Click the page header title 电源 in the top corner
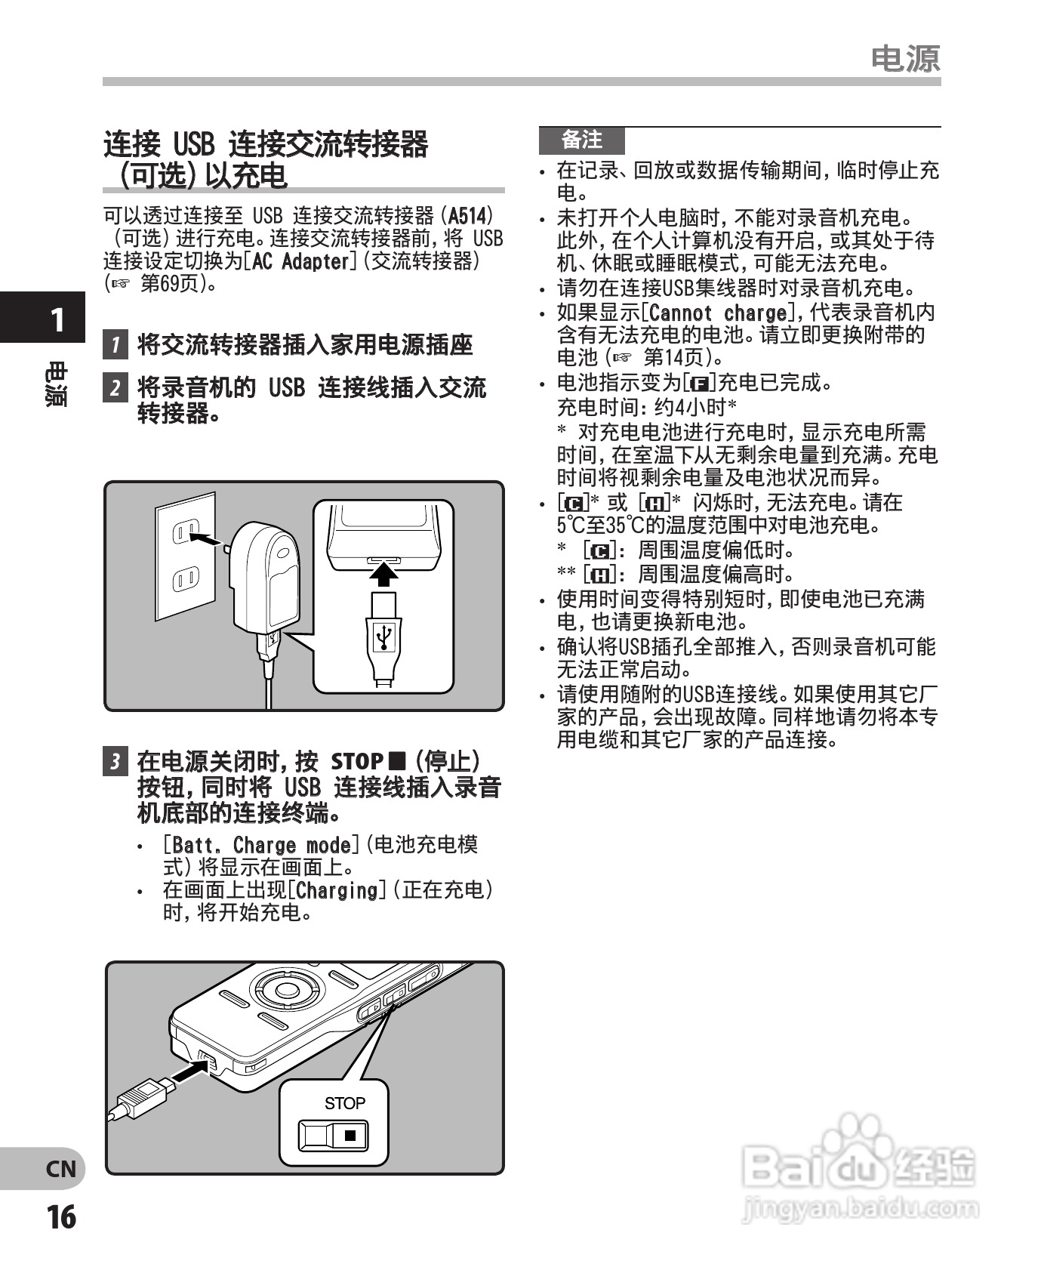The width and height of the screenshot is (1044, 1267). [905, 58]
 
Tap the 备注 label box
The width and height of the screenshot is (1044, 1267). [581, 140]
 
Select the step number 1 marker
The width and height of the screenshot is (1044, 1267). [115, 345]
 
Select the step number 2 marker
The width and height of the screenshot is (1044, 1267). [115, 388]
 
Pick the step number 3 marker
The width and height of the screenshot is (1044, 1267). [115, 761]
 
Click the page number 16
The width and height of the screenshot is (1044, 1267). [61, 1216]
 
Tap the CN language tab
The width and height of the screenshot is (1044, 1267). [61, 1170]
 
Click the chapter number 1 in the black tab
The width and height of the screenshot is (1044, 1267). [57, 320]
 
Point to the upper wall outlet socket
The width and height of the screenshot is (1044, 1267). [185, 532]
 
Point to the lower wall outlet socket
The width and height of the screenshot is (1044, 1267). [185, 580]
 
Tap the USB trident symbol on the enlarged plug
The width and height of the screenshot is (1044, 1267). [384, 636]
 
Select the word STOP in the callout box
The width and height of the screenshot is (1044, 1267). [344, 1103]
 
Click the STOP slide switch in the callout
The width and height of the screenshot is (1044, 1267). [333, 1135]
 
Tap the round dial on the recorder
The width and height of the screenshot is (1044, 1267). [286, 989]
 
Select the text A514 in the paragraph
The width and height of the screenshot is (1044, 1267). [467, 216]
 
